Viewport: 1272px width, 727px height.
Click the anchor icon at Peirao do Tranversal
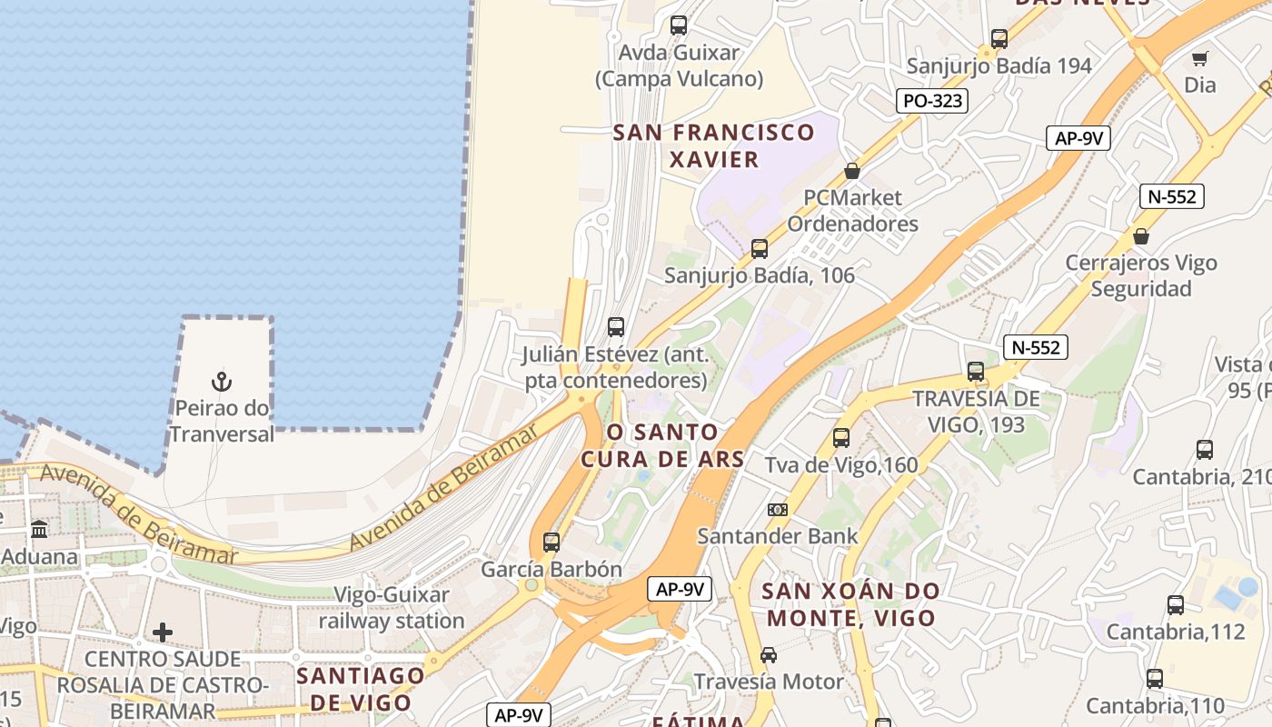point(222,382)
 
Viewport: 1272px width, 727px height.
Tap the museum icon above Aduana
point(39,529)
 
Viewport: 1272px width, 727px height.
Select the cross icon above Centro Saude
point(163,632)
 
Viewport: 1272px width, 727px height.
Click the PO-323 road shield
point(932,101)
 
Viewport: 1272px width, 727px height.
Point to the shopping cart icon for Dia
point(1199,59)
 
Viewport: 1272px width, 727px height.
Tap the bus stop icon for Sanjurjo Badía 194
point(999,39)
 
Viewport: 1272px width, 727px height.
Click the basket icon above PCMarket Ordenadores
point(852,171)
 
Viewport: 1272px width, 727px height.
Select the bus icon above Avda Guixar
point(679,25)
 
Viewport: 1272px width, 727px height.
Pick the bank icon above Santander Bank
point(778,510)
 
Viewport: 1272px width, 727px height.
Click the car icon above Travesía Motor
point(769,655)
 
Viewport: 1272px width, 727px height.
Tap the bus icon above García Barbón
point(552,543)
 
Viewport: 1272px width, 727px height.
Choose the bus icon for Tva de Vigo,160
point(841,438)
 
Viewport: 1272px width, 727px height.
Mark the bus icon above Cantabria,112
point(1175,605)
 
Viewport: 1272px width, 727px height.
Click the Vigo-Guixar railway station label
point(392,608)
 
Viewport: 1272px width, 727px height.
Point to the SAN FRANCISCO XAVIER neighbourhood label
point(713,145)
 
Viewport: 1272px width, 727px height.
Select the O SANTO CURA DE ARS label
point(662,445)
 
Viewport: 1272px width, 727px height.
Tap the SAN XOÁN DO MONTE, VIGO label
point(851,604)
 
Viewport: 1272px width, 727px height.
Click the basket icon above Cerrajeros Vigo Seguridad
point(1141,236)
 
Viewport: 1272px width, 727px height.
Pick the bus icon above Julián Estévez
point(616,327)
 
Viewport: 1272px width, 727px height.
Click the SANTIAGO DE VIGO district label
point(361,688)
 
